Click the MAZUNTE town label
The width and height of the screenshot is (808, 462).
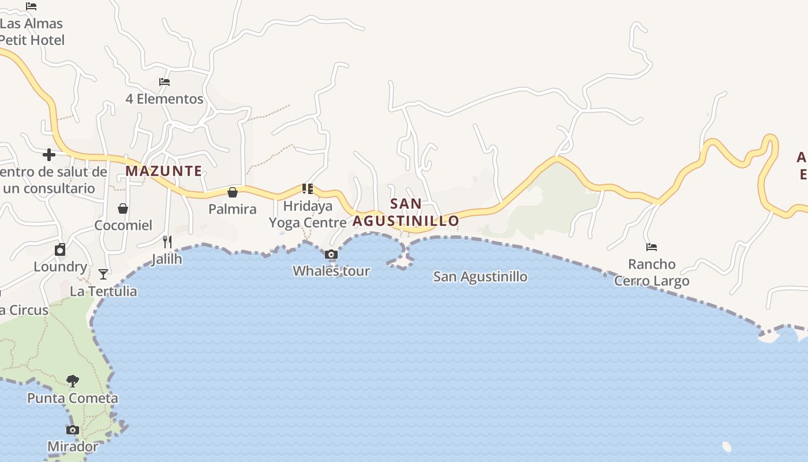[x=164, y=171]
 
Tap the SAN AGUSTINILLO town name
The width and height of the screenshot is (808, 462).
[x=406, y=213]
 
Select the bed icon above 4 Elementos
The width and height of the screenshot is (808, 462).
[x=164, y=82]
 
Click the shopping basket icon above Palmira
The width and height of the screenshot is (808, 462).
[x=233, y=192]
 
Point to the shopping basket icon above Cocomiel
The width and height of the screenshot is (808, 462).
[x=123, y=208]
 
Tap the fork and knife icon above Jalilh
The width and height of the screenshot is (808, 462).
[x=167, y=241]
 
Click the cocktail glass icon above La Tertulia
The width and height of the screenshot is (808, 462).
[x=103, y=274]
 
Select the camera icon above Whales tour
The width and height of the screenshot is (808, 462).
[x=331, y=254]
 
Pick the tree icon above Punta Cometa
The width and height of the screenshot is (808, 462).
[x=73, y=381]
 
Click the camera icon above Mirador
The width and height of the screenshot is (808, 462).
[x=73, y=430]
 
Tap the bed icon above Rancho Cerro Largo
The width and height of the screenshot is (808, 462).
[x=652, y=247]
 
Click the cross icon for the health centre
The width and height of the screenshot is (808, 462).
[x=49, y=155]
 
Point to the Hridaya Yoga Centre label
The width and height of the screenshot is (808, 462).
[x=308, y=214]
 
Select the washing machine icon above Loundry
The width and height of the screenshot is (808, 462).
[x=60, y=249]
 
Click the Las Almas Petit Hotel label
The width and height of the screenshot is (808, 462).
[x=31, y=32]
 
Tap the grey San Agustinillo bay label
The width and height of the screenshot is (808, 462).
[x=480, y=277]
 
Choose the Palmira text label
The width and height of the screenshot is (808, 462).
[x=233, y=209]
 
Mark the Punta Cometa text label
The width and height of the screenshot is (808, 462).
[x=73, y=398]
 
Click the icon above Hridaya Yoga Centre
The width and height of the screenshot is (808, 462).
[x=308, y=188]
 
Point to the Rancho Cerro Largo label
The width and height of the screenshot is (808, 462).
[x=652, y=273]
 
